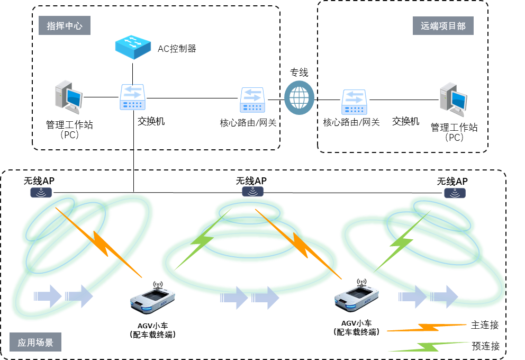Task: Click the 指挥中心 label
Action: pyautogui.click(x=65, y=25)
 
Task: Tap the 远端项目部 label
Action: pyautogui.click(x=443, y=25)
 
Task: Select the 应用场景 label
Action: pyautogui.click(x=35, y=343)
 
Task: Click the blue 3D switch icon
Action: pyautogui.click(x=133, y=47)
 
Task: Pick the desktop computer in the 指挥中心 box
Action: pyautogui.click(x=69, y=97)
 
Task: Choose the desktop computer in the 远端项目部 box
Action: pyautogui.click(x=454, y=99)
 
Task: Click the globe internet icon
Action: pyautogui.click(x=299, y=97)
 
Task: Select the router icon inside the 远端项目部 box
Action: pyautogui.click(x=354, y=102)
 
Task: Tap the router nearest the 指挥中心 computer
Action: pyautogui.click(x=132, y=97)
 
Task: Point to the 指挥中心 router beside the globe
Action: pyautogui.click(x=252, y=100)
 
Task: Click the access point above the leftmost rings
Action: pyautogui.click(x=41, y=193)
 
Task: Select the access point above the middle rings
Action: pyautogui.click(x=253, y=191)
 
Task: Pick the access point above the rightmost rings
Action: pyautogui.click(x=455, y=193)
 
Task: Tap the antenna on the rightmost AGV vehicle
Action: pyautogui.click(x=361, y=282)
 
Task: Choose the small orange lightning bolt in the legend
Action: pyautogui.click(x=427, y=328)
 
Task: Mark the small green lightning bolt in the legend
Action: pyautogui.click(x=429, y=347)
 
